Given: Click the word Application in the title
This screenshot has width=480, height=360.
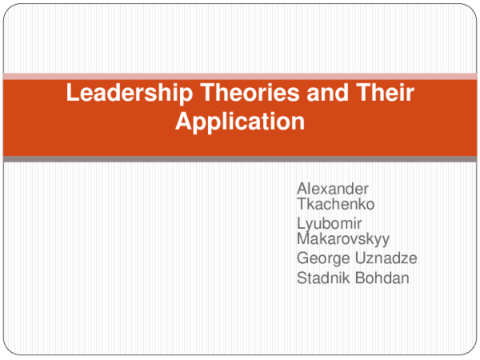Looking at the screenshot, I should pyautogui.click(x=240, y=122).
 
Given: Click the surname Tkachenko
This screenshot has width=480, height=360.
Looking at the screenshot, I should pyautogui.click(x=335, y=204).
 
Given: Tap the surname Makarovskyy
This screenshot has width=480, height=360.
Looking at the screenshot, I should pyautogui.click(x=343, y=238).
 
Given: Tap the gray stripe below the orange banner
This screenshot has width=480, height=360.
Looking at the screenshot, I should pyautogui.click(x=240, y=159).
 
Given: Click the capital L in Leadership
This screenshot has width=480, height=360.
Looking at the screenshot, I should pyautogui.click(x=72, y=94).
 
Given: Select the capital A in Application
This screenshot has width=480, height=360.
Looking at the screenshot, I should pyautogui.click(x=182, y=122).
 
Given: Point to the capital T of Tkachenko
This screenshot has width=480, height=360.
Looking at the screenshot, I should pyautogui.click(x=301, y=204).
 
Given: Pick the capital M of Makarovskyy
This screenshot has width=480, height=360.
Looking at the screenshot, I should pyautogui.click(x=303, y=238).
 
